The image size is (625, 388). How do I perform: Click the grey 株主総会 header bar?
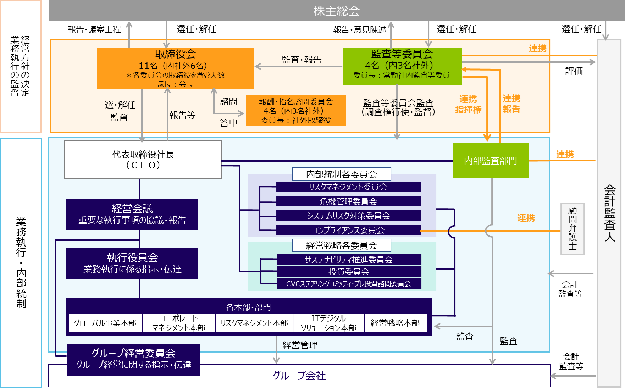(x=336, y=11)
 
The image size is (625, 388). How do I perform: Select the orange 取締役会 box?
(x=175, y=68)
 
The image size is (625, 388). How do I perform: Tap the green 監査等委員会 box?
(x=402, y=66)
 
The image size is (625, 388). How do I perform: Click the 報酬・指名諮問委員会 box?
(x=296, y=111)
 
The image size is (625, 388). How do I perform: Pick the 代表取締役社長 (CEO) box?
(x=143, y=160)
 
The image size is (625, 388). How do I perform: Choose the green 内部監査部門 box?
(x=490, y=161)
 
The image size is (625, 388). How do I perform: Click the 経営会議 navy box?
(x=132, y=214)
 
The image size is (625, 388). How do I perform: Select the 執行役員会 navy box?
(x=132, y=264)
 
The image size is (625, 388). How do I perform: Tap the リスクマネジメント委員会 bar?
(x=348, y=187)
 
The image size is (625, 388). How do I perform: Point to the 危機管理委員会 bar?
(x=348, y=201)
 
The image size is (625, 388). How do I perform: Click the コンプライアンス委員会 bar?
(x=348, y=230)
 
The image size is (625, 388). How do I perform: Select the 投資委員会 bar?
(x=349, y=272)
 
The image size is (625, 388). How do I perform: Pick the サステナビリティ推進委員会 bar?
(x=349, y=260)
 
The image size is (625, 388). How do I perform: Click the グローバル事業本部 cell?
(x=105, y=323)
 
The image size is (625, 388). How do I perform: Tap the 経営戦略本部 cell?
(x=395, y=323)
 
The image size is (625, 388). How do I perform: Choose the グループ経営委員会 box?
(x=133, y=359)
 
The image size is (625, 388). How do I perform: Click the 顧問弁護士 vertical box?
(x=572, y=228)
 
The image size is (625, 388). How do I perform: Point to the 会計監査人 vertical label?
(x=609, y=213)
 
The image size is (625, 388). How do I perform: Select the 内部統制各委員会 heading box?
(x=341, y=174)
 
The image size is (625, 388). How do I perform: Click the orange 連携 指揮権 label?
(x=468, y=104)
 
